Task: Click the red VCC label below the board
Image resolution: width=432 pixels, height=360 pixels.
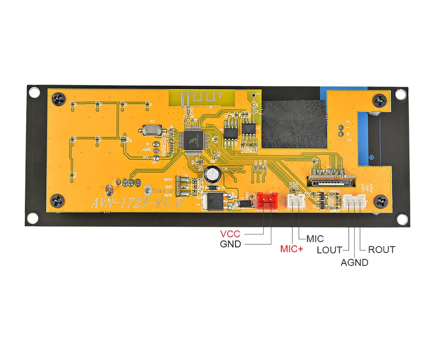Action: (230, 234)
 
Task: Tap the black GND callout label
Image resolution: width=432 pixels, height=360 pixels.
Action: (230, 244)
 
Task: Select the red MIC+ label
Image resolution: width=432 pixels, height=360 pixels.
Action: (292, 248)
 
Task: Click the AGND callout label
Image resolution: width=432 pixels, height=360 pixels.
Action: (354, 262)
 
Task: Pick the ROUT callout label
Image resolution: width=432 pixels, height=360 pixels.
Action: (382, 250)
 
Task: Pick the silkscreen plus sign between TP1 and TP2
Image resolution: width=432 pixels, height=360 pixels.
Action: (347, 134)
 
